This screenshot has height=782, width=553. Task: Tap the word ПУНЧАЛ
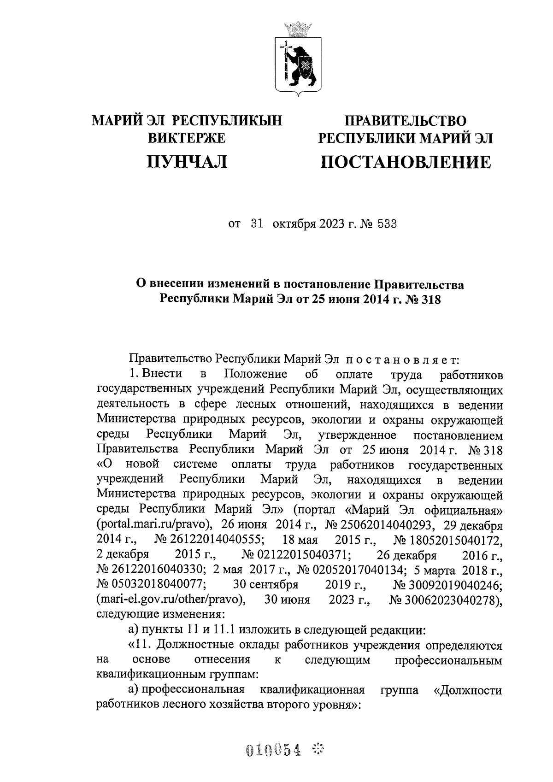point(187,162)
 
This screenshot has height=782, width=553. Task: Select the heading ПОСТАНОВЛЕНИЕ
point(406,162)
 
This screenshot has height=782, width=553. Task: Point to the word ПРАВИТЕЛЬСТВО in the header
point(406,121)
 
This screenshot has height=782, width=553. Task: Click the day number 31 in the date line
point(256,224)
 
